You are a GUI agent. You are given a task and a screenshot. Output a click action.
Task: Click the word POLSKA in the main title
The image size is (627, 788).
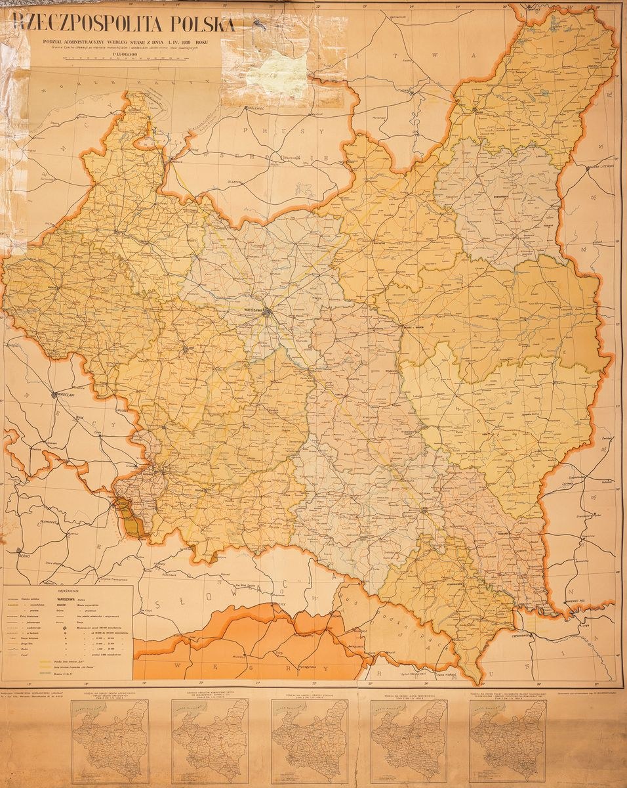pos(203,24)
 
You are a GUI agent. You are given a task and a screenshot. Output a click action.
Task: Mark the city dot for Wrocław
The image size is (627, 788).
pos(55,394)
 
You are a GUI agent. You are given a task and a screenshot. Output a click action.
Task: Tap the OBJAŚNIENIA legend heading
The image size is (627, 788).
pos(68,591)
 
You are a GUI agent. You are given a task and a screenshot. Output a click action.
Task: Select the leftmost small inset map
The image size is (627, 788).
pos(110,740)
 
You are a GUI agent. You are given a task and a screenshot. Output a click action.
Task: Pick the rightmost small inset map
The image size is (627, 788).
pos(508,740)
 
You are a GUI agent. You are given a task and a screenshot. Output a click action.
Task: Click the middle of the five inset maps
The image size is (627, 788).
pos(309,740)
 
